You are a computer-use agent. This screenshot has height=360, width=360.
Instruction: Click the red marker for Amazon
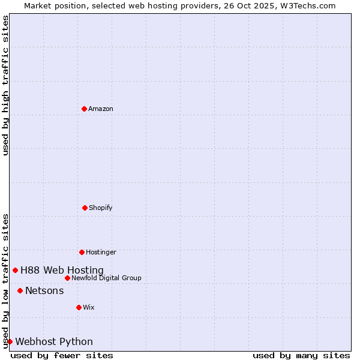pyautogui.click(x=84, y=109)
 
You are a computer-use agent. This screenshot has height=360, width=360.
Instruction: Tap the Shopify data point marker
pyautogui.click(x=85, y=208)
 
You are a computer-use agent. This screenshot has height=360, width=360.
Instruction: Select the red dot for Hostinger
pyautogui.click(x=82, y=252)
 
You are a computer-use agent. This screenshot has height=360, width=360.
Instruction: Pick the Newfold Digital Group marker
pyautogui.click(x=67, y=278)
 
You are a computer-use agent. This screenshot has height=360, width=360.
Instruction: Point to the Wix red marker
pyautogui.click(x=79, y=307)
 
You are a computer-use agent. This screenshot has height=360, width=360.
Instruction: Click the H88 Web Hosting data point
pyautogui.click(x=15, y=270)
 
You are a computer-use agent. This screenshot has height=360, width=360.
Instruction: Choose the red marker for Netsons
pyautogui.click(x=20, y=290)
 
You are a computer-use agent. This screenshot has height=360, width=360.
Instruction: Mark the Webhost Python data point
pyautogui.click(x=10, y=341)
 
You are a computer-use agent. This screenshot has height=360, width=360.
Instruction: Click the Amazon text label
pyautogui.click(x=101, y=109)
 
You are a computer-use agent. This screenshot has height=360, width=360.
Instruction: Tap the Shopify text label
pyautogui.click(x=101, y=208)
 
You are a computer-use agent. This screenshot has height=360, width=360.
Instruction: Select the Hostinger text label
pyautogui.click(x=101, y=252)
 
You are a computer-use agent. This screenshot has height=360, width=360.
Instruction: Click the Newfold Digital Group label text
pyautogui.click(x=106, y=278)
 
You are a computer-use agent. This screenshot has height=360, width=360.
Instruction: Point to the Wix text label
pyautogui.click(x=89, y=307)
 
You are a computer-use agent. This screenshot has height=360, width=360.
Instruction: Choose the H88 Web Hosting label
pyautogui.click(x=62, y=270)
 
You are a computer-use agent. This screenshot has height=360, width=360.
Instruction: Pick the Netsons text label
pyautogui.click(x=44, y=290)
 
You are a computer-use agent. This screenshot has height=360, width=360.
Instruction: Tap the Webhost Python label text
pyautogui.click(x=54, y=341)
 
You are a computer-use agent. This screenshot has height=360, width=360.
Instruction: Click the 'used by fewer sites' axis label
pyautogui.click(x=62, y=355)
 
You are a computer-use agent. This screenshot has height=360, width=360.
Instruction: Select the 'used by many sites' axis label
pyautogui.click(x=301, y=355)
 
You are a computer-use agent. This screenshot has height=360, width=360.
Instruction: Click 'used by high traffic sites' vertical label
pyautogui.click(x=5, y=85)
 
